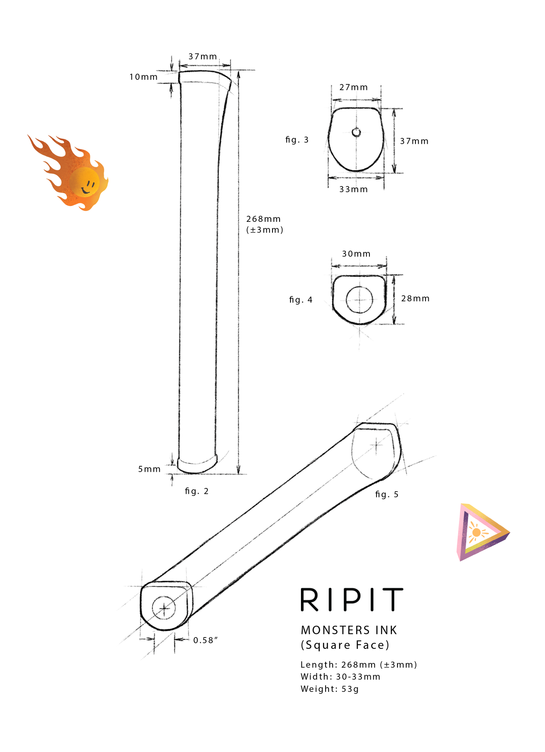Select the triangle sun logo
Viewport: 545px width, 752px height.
pos(481,532)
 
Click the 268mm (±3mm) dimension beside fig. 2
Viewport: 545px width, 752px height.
pos(264,224)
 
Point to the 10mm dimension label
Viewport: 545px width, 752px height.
pos(143,77)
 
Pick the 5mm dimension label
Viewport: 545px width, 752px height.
pos(149,469)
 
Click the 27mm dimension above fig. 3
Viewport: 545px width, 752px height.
pos(354,87)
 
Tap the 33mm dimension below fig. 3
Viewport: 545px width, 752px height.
pos(354,189)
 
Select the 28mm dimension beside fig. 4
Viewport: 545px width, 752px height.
pos(415,298)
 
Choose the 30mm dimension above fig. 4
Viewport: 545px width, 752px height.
pos(356,254)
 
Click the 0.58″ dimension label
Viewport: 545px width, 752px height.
pos(206,640)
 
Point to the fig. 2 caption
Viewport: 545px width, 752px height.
pos(197,491)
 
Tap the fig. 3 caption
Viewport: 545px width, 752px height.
pos(297,140)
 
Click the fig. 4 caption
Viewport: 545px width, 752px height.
pos(301,300)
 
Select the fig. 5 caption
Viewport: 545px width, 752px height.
pos(387,494)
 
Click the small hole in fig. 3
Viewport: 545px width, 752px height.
pos(356,132)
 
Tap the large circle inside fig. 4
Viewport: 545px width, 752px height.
pos(359,300)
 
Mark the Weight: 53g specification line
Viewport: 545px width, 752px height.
pos(329,689)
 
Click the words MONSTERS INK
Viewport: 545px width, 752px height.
pos(349,630)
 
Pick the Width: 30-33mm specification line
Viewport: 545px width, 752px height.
pos(340,677)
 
